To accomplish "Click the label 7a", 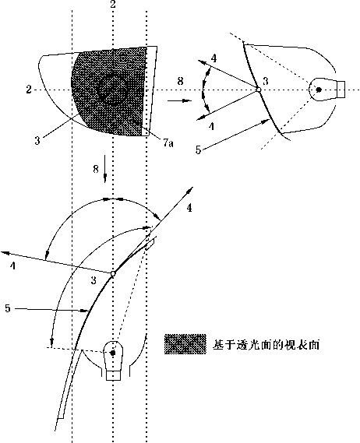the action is coord(168,143).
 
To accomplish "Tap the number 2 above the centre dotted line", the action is coord(113,4).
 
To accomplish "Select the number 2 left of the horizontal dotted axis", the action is coord(29,90).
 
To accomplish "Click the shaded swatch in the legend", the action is coord(185,344).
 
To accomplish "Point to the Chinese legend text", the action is coord(266,345).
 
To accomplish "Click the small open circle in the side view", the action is coord(258,90).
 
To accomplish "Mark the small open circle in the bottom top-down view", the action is coord(113,273).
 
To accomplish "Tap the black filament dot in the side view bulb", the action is coord(319,90).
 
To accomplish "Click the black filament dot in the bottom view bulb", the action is coord(113,353).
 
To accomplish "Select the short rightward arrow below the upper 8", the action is coord(179,100).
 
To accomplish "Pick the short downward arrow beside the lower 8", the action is coord(105,169).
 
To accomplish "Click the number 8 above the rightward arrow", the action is coord(180,81).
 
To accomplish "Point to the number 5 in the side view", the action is coord(198,149).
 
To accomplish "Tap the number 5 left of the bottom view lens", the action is coord(8,308).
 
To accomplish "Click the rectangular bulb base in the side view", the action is coord(341,90).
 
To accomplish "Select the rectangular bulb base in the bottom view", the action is coord(113,376).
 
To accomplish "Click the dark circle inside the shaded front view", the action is coord(111,90).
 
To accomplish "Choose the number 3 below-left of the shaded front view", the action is coord(37,140).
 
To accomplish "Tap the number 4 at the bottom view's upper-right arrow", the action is coord(189,208).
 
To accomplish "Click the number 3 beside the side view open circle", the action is coord(265,82).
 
